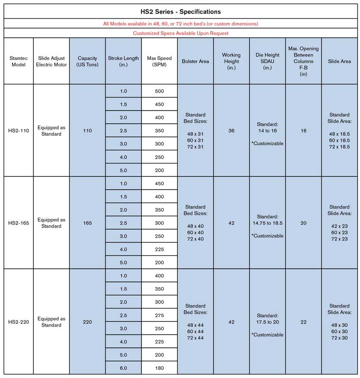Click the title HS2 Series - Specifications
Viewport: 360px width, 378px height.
click(180, 11)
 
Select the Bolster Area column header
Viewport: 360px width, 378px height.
click(195, 61)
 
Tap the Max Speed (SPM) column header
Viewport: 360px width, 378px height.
click(159, 61)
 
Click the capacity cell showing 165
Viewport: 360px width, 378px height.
click(87, 223)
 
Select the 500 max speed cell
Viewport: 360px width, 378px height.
click(159, 91)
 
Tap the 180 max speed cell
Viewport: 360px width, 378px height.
click(159, 368)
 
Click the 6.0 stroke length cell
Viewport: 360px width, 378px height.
click(123, 368)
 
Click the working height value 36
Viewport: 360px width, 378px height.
click(231, 130)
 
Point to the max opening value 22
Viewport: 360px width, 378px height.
click(303, 322)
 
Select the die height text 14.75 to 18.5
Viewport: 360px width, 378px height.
click(267, 222)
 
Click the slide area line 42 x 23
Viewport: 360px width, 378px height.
click(339, 226)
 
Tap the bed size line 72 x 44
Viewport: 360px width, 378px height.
click(195, 338)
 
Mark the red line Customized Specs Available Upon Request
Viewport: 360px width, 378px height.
click(180, 33)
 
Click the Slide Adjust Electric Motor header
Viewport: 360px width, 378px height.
click(51, 61)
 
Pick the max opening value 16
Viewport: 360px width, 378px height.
click(303, 130)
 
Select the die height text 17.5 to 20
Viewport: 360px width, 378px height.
click(267, 322)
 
